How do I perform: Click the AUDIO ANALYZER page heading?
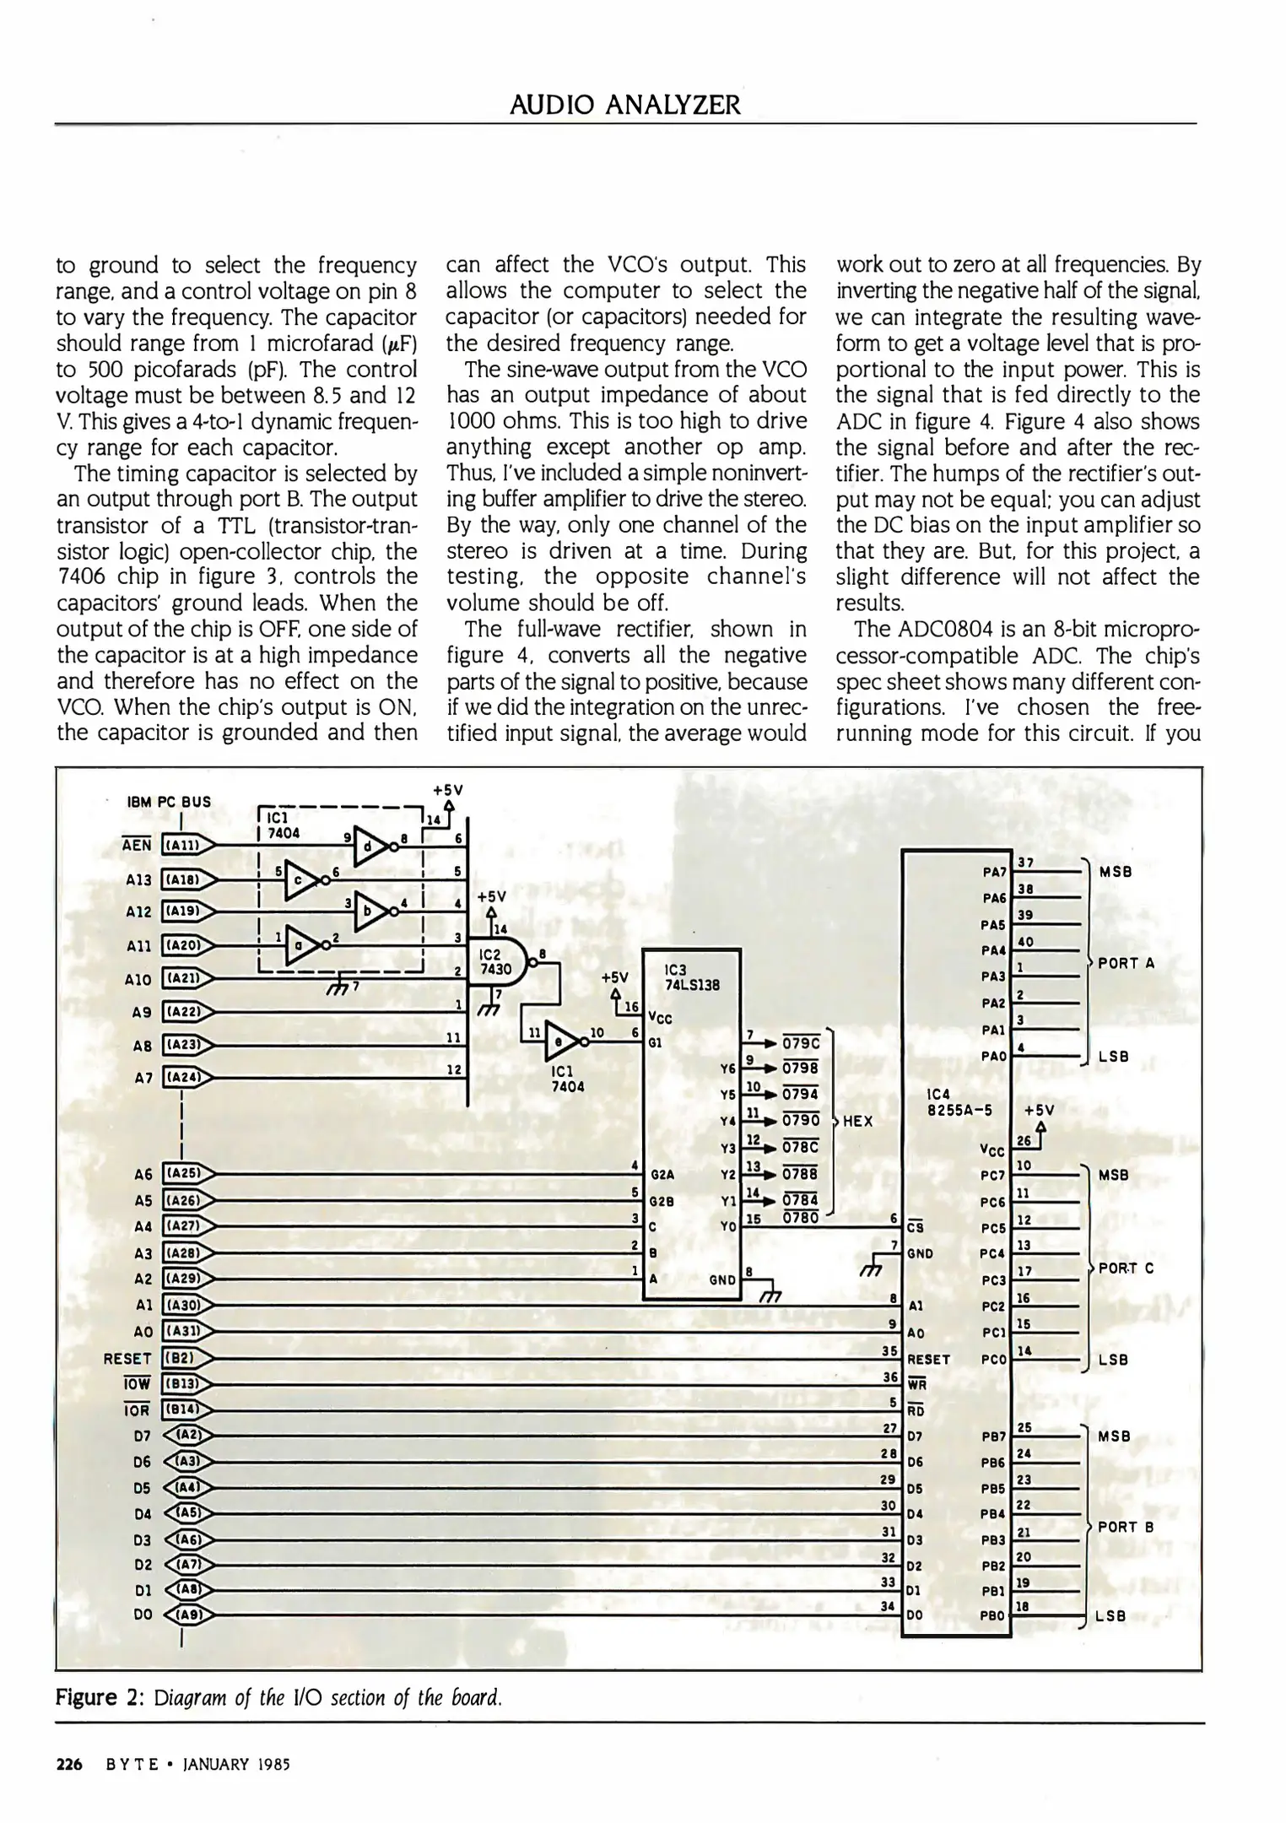(625, 105)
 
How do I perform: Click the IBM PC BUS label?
(169, 802)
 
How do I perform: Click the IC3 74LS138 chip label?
(691, 977)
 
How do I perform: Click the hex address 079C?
(801, 1043)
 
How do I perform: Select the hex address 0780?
(800, 1218)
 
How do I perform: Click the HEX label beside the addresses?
(857, 1122)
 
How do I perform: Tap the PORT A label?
(1126, 963)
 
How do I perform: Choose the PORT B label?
(1126, 1527)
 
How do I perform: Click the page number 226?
(68, 1765)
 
